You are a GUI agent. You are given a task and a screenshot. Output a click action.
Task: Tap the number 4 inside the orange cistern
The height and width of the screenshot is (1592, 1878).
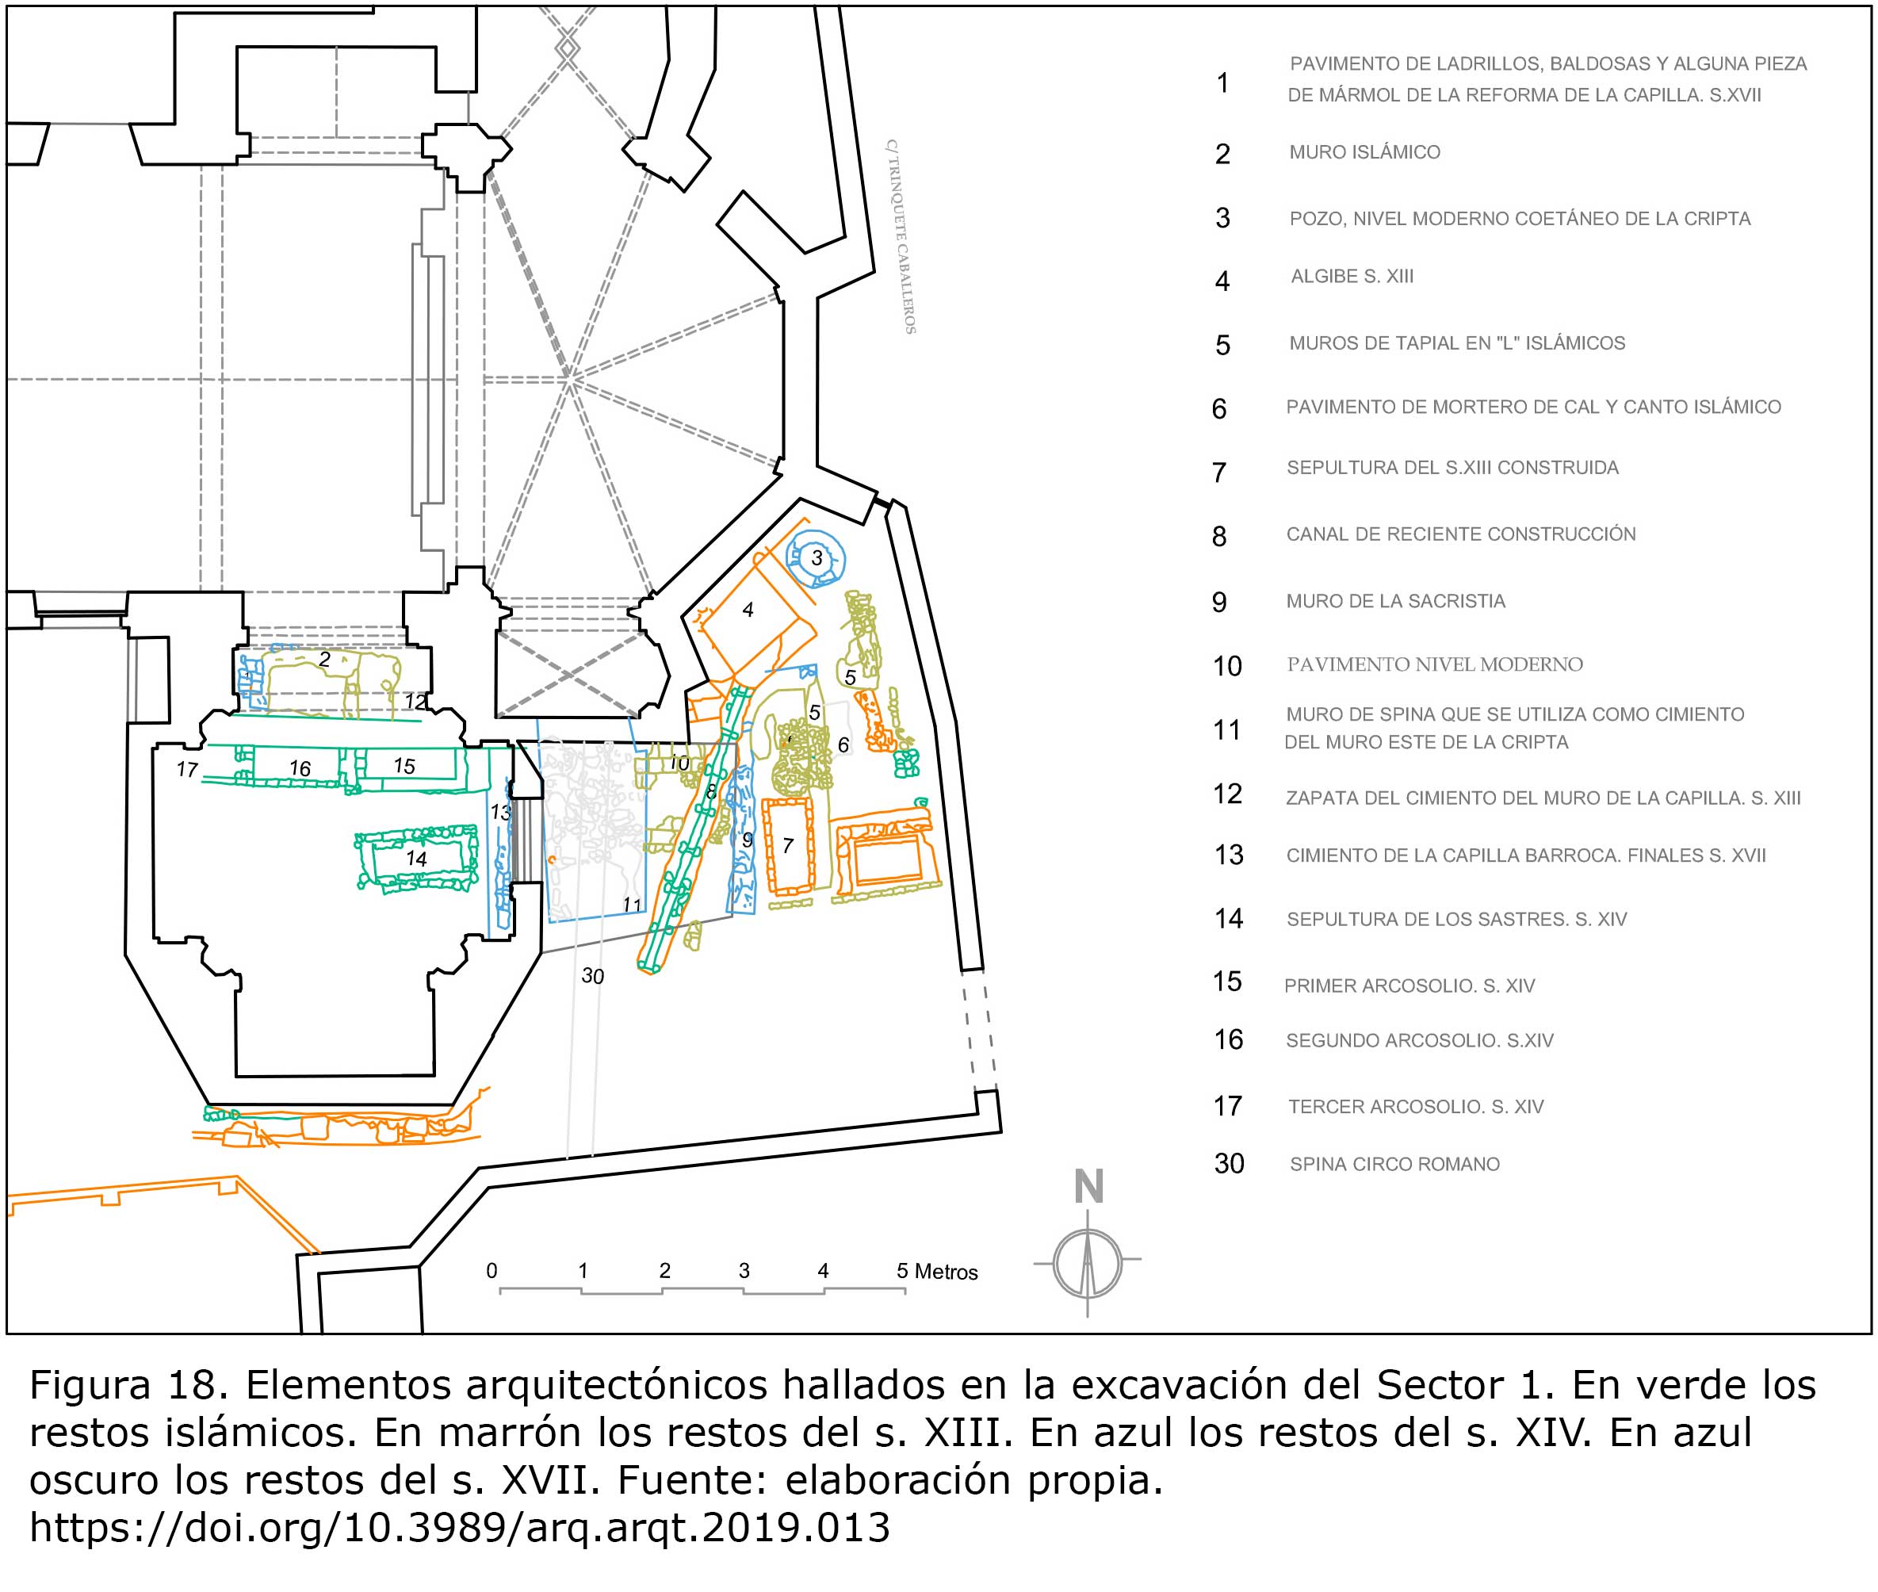coord(748,611)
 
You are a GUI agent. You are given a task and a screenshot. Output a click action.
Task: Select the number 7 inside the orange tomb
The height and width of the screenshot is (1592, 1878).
coord(788,846)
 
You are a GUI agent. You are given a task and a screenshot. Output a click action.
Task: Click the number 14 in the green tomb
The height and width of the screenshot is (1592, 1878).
coord(416,859)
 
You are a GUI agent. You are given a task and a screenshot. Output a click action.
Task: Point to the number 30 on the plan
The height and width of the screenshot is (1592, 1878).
coord(592,976)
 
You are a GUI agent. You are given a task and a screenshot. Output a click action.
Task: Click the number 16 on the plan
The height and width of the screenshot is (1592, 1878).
coord(300,768)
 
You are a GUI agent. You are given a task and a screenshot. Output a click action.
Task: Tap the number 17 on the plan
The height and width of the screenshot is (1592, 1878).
coord(187,770)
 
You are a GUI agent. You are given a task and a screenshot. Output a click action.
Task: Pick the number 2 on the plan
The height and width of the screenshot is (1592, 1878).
coord(324,660)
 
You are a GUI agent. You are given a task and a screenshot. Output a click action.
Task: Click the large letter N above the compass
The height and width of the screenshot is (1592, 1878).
coord(1088,1187)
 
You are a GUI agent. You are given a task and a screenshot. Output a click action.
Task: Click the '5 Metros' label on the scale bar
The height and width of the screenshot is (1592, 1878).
coord(937,1272)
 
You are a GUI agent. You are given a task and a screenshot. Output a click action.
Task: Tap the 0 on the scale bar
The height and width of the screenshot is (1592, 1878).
coord(491,1271)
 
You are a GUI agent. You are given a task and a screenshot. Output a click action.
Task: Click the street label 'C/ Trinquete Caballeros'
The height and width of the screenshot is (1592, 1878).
coord(901,236)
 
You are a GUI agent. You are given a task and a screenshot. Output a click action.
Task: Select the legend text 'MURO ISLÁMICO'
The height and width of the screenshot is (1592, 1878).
coord(1364,152)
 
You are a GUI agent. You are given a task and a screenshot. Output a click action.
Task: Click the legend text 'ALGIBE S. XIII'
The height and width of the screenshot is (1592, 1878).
coord(1352,276)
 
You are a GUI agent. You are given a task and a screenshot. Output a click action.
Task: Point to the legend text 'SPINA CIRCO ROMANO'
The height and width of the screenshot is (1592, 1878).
coord(1394,1164)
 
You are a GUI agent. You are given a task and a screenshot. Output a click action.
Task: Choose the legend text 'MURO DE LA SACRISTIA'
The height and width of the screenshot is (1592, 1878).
coord(1395,601)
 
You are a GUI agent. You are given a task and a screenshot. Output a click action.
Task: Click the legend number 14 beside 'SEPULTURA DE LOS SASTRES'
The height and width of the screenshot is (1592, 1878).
coord(1228,919)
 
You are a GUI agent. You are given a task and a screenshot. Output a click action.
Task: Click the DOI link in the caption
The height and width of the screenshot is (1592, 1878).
coord(459,1527)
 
